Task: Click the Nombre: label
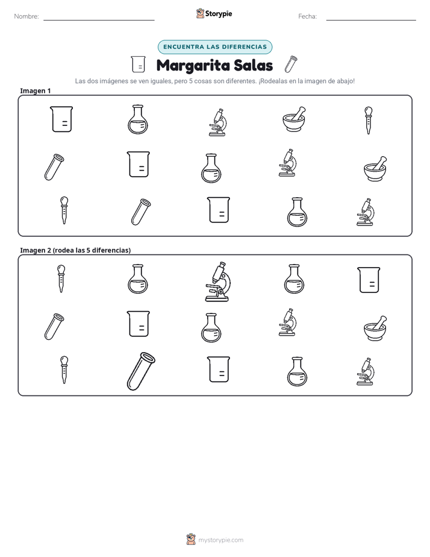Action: coord(26,16)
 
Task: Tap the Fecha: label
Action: coord(307,16)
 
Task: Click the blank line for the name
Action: coord(99,20)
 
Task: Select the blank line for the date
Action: coord(371,20)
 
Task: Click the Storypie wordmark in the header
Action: coord(219,14)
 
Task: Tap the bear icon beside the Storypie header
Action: coord(200,13)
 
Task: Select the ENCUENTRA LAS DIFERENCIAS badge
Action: coord(215,47)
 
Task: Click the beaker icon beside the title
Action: coord(138,65)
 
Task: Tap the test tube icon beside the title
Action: coord(291,65)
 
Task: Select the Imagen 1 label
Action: coord(36,91)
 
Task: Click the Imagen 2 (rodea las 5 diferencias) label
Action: coord(75,250)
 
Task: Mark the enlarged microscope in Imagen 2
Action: coord(217,282)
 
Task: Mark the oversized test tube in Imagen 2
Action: coord(141,371)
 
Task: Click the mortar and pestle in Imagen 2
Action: coord(375,328)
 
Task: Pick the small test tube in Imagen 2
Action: coord(54,327)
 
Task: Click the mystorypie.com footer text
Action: coord(220,540)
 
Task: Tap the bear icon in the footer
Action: coord(191,540)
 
